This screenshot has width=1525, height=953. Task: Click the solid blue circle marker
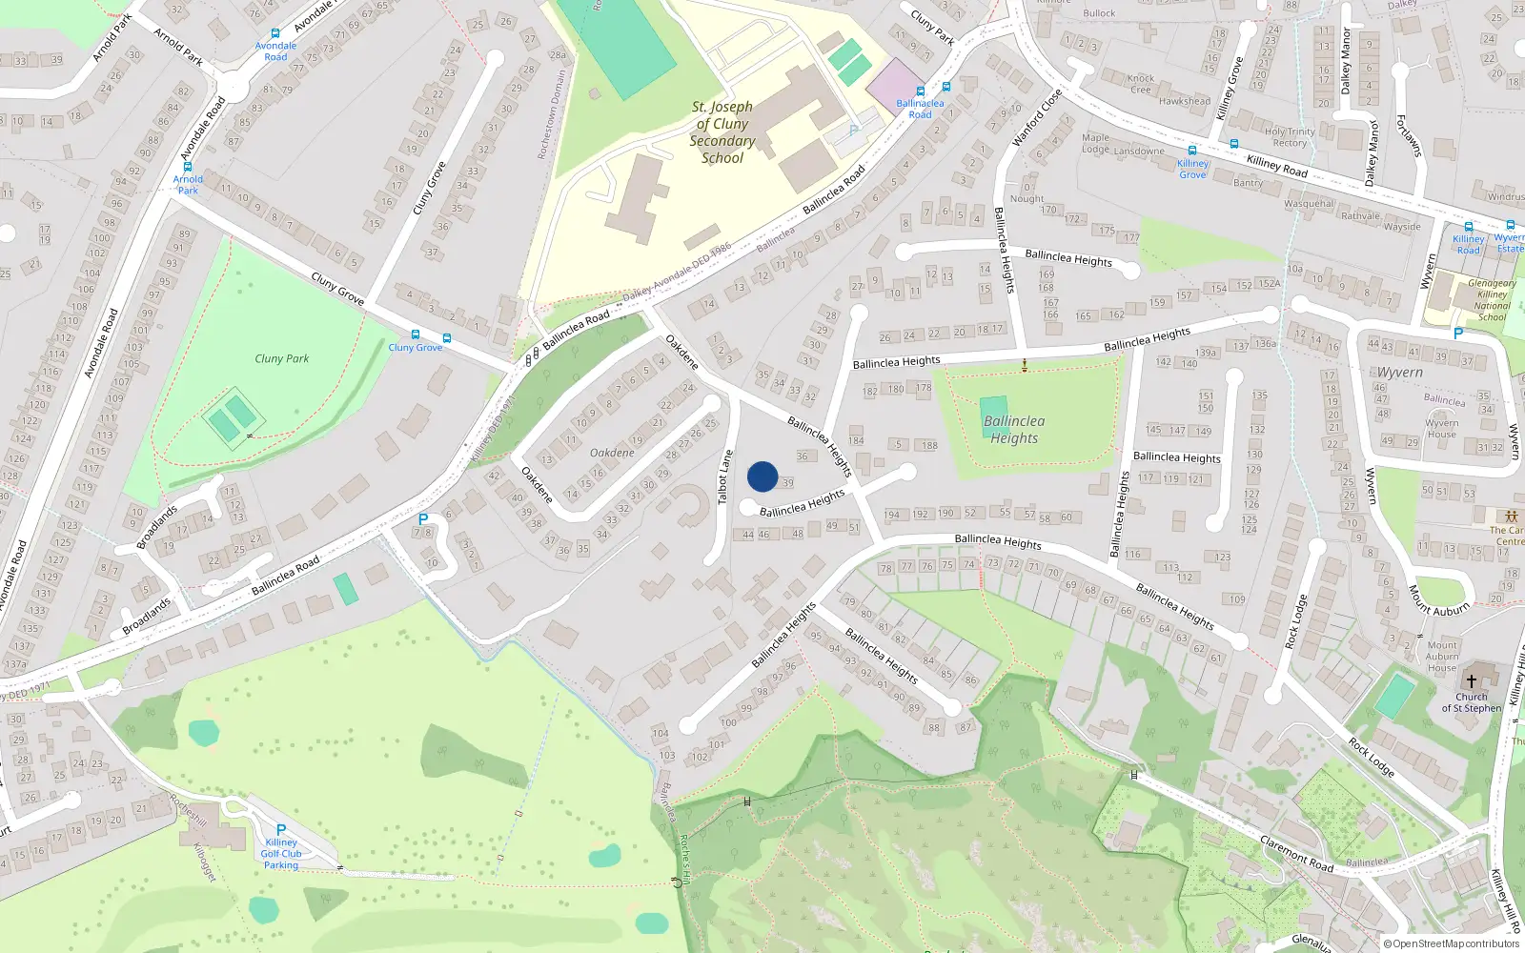[762, 476]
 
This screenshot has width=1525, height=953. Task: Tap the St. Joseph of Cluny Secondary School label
[722, 132]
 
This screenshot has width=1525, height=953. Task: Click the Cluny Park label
[282, 358]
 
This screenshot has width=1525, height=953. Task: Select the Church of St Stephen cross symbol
[1471, 681]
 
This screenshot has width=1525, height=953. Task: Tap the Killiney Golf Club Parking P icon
[281, 830]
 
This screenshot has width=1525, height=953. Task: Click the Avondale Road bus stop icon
[275, 33]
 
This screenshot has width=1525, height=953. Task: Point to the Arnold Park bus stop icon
[188, 167]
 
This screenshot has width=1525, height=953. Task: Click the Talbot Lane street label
[725, 476]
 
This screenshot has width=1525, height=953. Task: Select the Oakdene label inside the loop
[612, 453]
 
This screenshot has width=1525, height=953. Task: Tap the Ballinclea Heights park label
[1014, 429]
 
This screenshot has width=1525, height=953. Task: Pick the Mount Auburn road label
[1438, 600]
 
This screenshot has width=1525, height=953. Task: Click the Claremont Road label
[1296, 852]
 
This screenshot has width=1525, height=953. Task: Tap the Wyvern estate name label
[1399, 373]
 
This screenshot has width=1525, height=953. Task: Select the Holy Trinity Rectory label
[1290, 137]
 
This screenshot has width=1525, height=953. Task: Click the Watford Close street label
[1036, 117]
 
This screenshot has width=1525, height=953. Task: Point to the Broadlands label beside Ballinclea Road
[147, 616]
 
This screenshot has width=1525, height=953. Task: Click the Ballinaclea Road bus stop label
[920, 109]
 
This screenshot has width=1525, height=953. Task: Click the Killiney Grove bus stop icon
[1192, 151]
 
